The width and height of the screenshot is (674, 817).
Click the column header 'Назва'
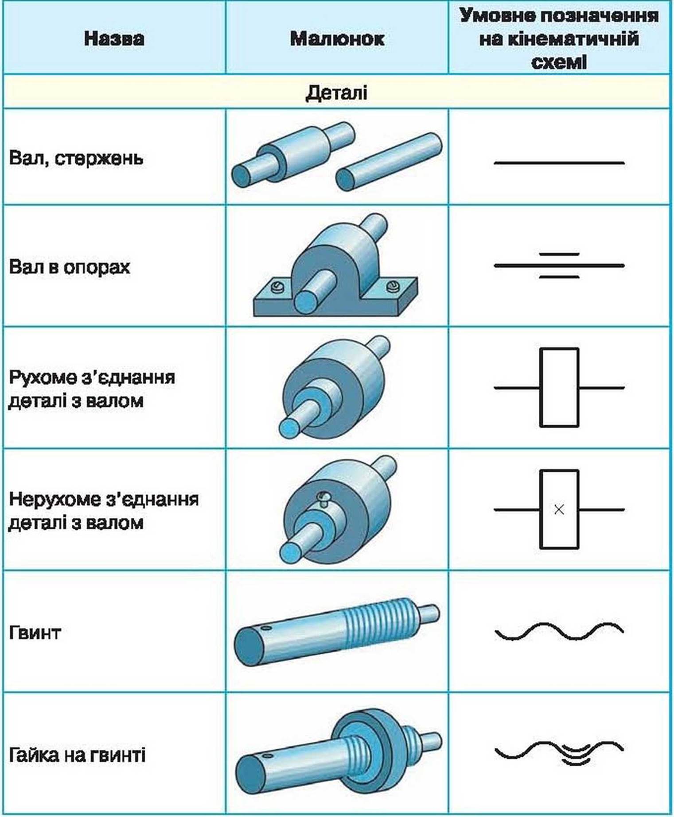point(114,39)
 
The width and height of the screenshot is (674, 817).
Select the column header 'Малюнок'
point(337,39)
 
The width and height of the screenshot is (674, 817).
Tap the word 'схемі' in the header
point(559,62)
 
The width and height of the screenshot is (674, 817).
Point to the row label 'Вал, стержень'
point(76,158)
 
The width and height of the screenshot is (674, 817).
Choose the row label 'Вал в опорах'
point(70,267)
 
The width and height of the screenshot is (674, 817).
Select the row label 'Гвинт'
point(34,632)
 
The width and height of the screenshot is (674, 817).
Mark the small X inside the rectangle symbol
point(559,510)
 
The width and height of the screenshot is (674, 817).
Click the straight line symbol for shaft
point(559,163)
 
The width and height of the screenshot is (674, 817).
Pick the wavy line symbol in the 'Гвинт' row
point(559,631)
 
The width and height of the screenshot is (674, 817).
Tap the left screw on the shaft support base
point(277,287)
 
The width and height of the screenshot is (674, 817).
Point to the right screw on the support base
point(393,286)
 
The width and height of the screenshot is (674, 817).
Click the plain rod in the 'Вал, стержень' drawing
point(389,162)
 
